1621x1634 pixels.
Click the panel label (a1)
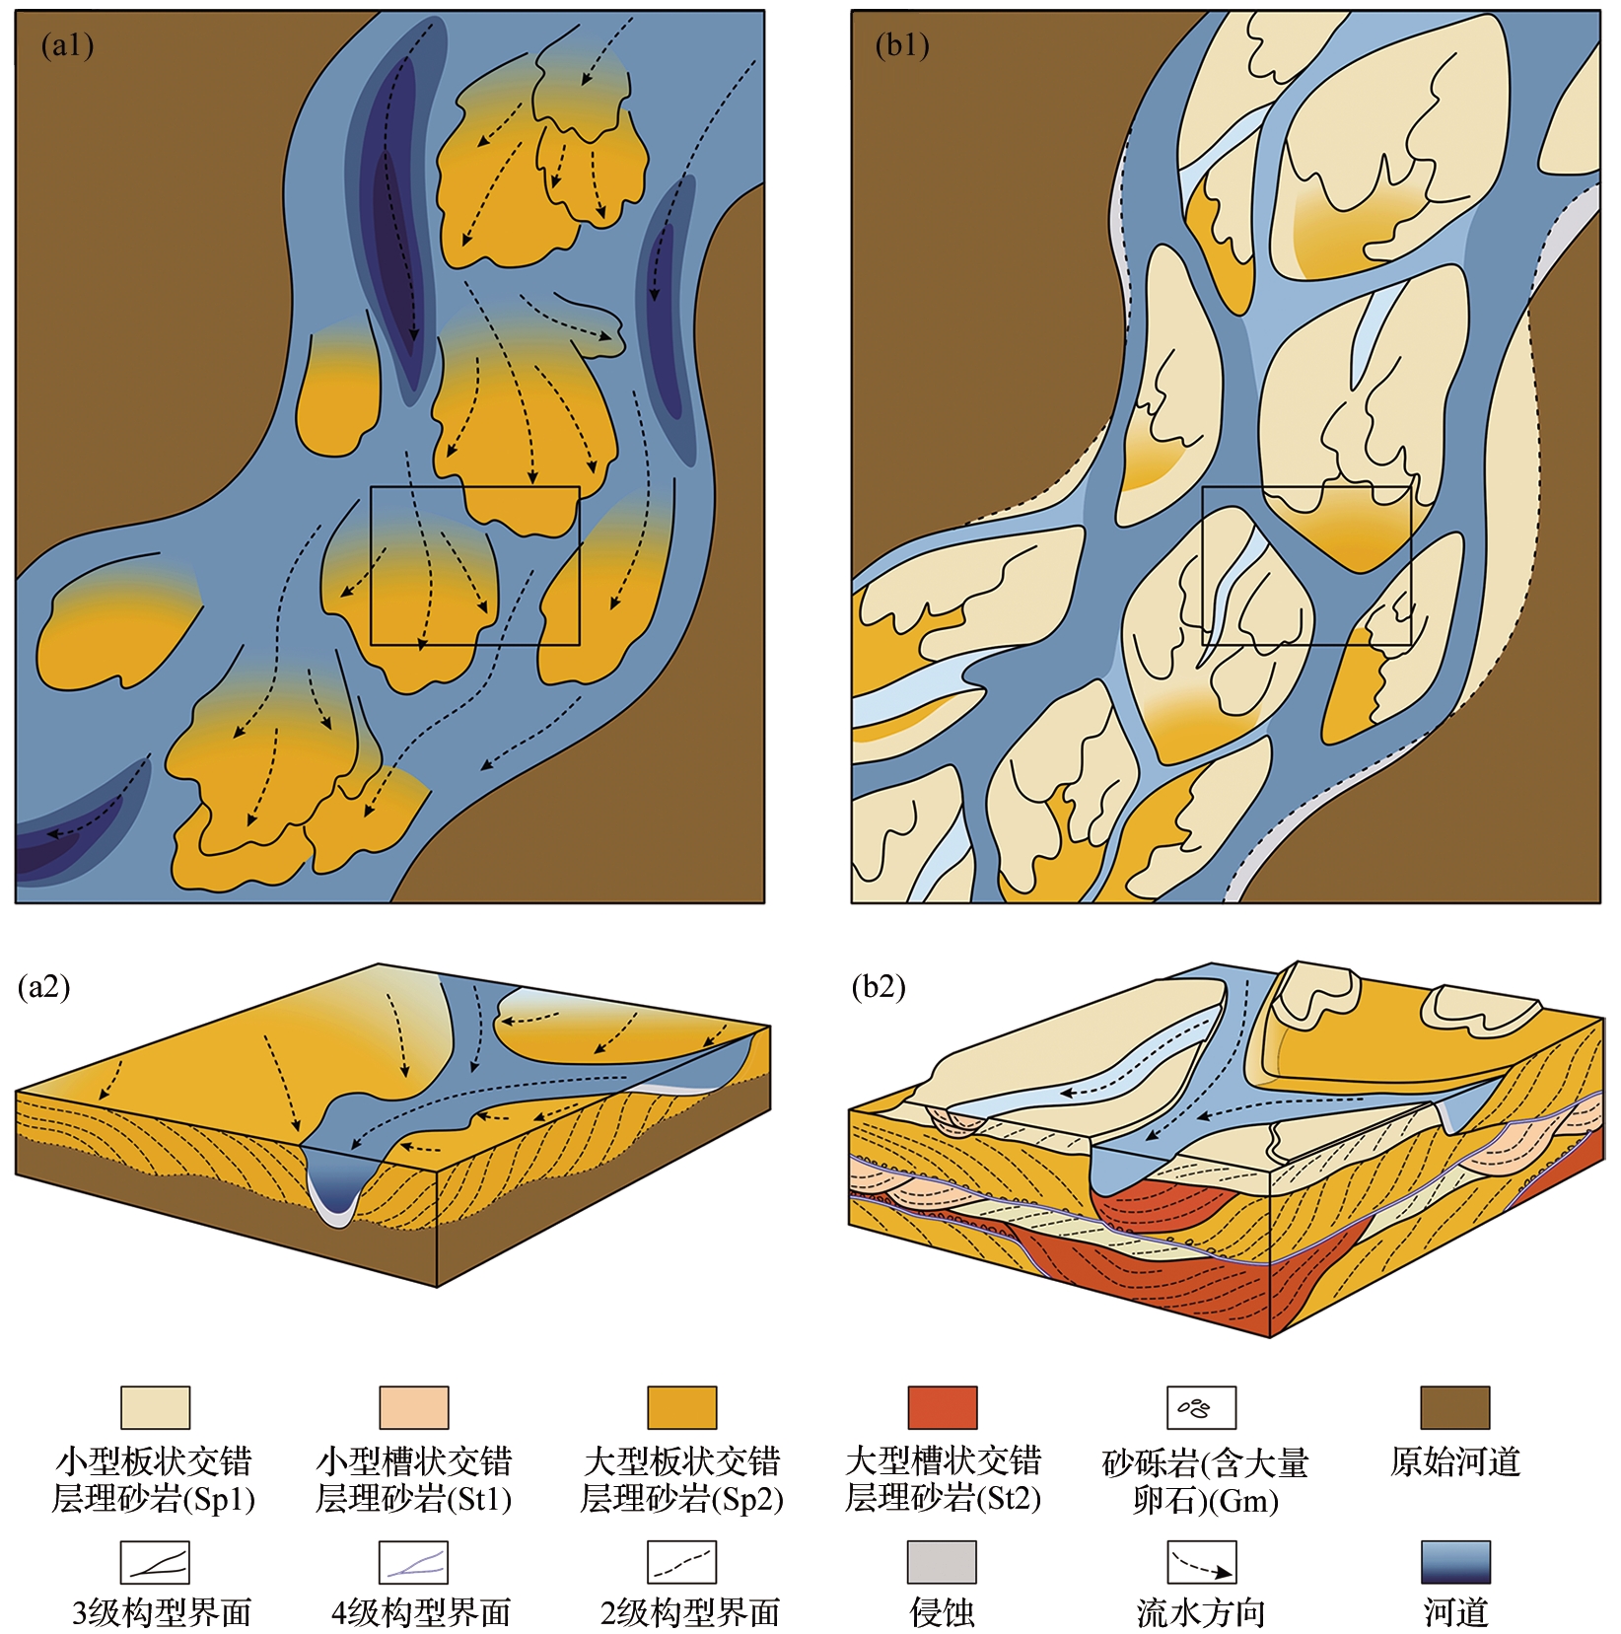[x=66, y=45]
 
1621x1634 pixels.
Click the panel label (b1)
[x=901, y=45]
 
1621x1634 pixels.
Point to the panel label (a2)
[x=44, y=986]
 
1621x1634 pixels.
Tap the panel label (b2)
[x=879, y=986]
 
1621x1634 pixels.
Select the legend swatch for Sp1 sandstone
[x=155, y=1407]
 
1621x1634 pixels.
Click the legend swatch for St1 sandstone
[x=414, y=1407]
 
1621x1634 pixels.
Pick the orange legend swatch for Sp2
[x=681, y=1407]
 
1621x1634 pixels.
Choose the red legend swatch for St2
[x=942, y=1407]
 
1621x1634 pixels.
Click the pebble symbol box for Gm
[x=1201, y=1407]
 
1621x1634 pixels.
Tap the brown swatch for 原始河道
[x=1454, y=1407]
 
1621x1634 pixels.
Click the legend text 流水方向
[x=1201, y=1613]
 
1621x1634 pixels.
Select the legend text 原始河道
[x=1455, y=1461]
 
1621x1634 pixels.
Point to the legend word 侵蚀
[x=942, y=1613]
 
